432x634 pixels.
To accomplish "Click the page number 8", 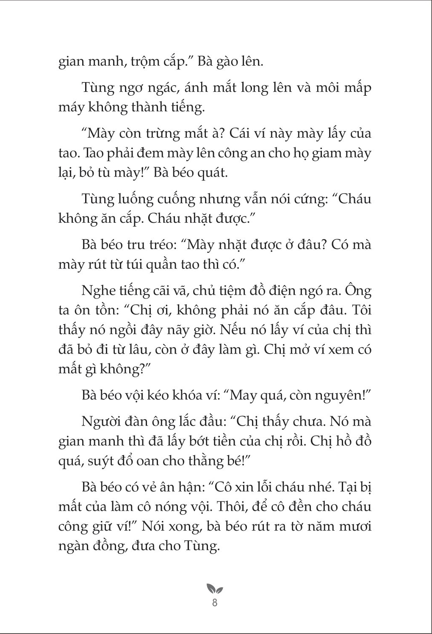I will (215, 603).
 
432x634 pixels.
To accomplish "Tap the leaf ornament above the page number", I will (215, 589).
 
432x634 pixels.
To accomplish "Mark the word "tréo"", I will (161, 245).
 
